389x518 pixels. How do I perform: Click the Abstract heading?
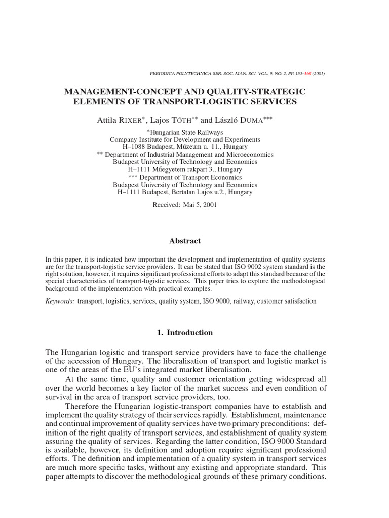click(x=185, y=241)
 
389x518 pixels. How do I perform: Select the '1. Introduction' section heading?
click(x=185, y=333)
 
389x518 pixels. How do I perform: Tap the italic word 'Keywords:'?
click(x=60, y=301)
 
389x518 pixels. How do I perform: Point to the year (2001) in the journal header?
click(x=319, y=73)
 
